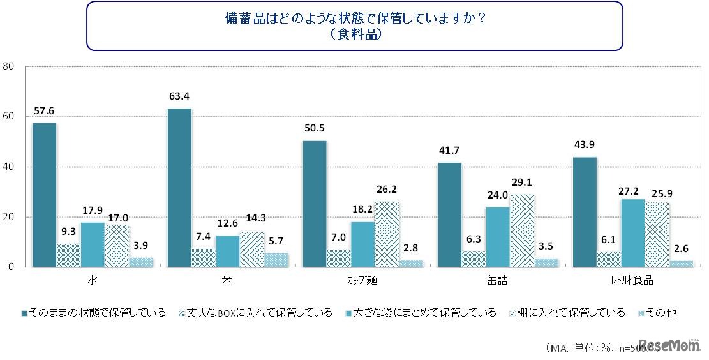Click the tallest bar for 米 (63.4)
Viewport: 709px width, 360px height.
tap(179, 188)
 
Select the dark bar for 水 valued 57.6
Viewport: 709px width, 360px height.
tap(44, 195)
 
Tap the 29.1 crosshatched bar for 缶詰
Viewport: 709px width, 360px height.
tap(523, 230)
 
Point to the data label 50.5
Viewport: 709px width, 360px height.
tap(315, 127)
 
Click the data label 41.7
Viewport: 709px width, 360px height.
tap(450, 149)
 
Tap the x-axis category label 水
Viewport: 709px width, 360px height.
tap(93, 280)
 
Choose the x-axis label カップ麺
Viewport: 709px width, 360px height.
tap(362, 280)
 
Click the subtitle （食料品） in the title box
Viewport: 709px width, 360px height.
tap(355, 34)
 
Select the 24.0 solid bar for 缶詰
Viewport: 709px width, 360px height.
tap(498, 237)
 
